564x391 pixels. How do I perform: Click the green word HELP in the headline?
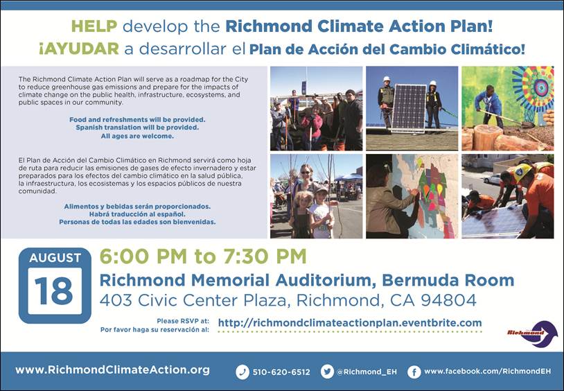94,26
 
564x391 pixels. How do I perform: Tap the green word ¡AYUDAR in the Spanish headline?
79,49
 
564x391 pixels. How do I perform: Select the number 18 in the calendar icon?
54,291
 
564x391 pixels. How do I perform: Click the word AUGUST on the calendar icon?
55,258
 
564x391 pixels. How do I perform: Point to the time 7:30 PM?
265,257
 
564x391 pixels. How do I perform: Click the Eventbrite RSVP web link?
350,322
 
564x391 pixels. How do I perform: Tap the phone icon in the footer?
243,372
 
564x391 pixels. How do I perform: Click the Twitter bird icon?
327,372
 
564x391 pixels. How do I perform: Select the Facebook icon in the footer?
414,372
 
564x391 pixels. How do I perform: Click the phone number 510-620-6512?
281,372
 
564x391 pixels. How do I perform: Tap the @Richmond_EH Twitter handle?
367,372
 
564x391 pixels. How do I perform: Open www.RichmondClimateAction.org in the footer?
112,370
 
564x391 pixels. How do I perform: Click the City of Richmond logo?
532,333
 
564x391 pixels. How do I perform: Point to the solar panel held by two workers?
409,107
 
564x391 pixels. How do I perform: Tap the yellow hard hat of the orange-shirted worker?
522,171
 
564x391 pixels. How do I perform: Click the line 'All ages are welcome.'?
137,136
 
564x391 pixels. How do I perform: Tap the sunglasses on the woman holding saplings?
306,173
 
